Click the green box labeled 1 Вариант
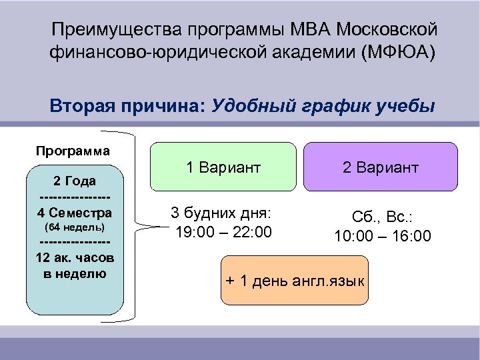pos(223,167)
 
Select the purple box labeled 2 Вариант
pos(381,167)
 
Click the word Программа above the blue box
pos(73,150)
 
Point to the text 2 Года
pos(74,181)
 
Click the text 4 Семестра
pos(74,213)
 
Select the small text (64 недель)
pos(74,228)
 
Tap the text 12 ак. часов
pos(74,258)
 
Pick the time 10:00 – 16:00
pos(382,236)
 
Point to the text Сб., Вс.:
pos(383,217)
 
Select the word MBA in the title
pos(311,30)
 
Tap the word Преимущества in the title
pos(116,30)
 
